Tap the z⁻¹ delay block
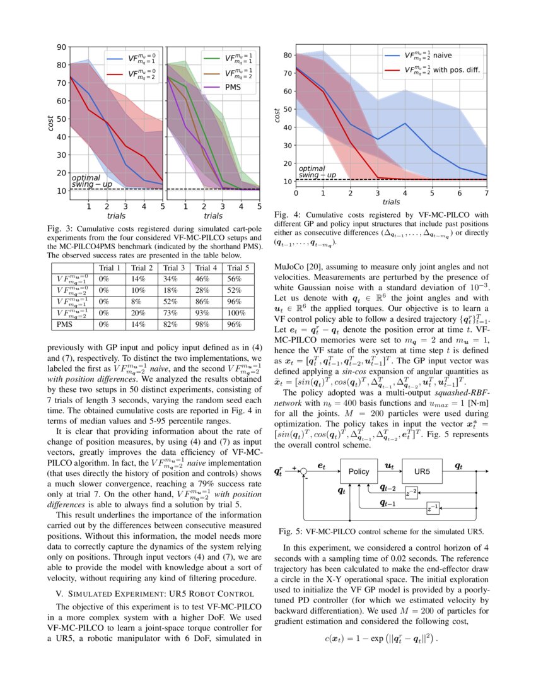coord(433,509)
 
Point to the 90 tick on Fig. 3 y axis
coord(62,47)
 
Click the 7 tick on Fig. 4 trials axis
coord(487,192)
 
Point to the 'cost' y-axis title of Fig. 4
coord(277,114)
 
